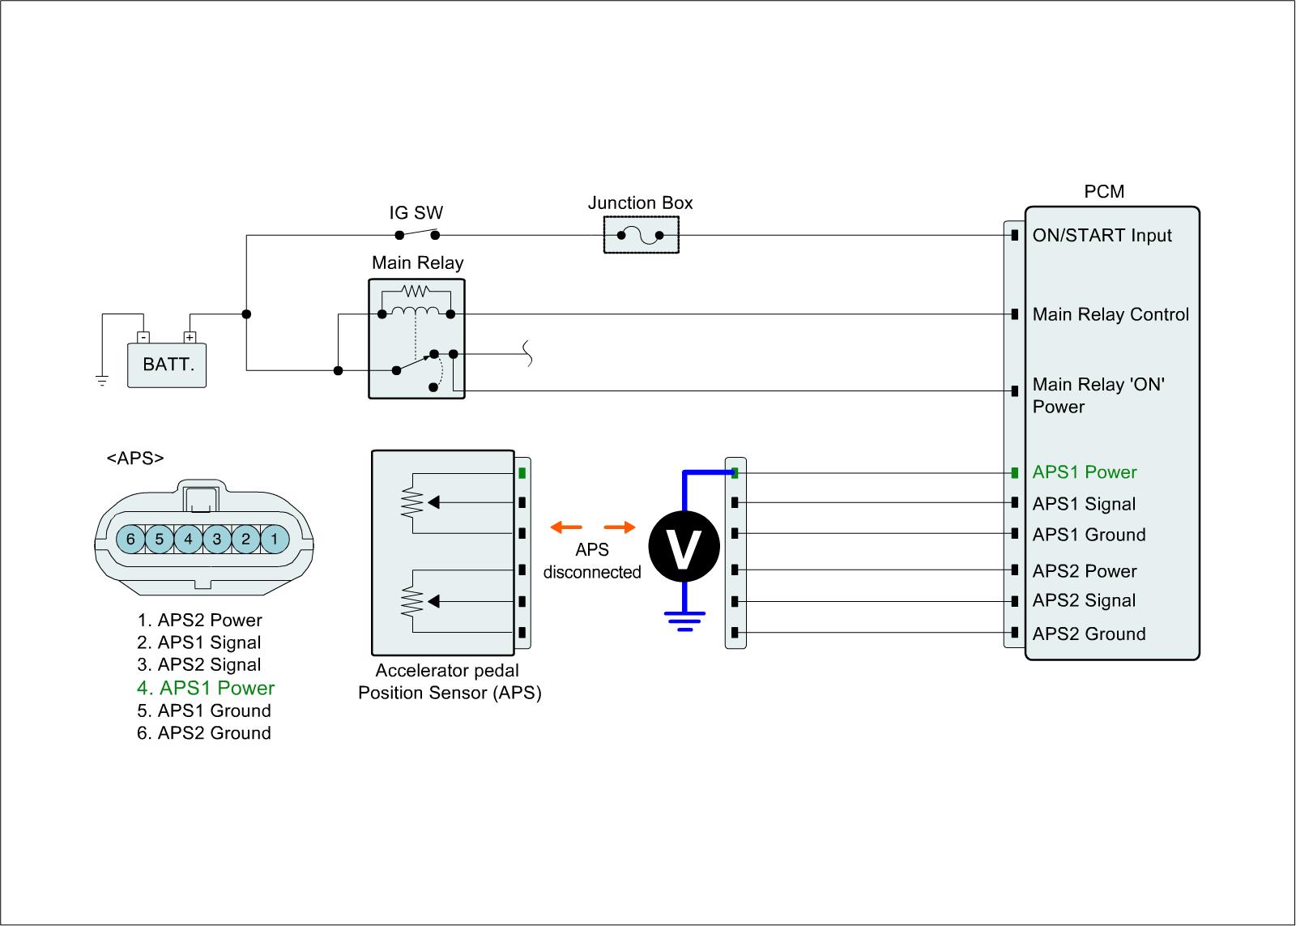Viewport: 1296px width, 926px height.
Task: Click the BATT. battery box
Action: pos(168,365)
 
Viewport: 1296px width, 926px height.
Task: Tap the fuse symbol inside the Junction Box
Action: pos(641,236)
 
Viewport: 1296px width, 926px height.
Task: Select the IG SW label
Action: pos(416,213)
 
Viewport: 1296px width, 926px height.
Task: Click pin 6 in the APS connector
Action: pos(130,539)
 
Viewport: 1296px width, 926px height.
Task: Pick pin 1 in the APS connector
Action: pos(275,539)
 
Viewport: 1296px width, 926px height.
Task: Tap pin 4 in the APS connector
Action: pos(188,539)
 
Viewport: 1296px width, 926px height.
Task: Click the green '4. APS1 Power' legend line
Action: pos(206,688)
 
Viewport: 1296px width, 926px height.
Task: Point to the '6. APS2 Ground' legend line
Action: pos(204,733)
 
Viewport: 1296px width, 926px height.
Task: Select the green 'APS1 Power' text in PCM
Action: pos(1085,472)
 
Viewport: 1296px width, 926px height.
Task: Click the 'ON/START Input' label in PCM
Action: pos(1102,236)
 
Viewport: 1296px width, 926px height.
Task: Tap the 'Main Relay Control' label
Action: pos(1111,314)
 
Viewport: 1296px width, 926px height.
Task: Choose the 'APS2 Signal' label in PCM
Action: pos(1084,600)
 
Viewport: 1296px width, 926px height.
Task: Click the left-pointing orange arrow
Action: pos(565,528)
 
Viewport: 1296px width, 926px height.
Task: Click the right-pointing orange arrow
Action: pos(620,528)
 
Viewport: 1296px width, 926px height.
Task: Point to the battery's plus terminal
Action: pos(190,337)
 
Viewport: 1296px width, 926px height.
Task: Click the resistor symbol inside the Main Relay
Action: pos(416,290)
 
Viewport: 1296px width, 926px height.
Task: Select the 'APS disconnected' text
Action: pos(592,561)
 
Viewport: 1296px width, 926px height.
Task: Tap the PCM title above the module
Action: pos(1104,192)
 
